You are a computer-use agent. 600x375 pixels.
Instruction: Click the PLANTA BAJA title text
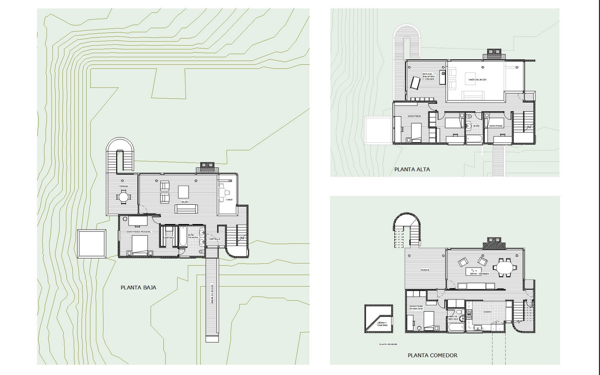tap(138, 288)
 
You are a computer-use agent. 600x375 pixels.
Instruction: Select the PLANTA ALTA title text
tap(412, 169)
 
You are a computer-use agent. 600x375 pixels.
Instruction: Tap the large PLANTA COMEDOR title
tap(432, 355)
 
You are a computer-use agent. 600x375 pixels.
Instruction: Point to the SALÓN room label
tap(184, 202)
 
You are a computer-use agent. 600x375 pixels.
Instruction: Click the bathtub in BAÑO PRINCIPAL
tap(183, 236)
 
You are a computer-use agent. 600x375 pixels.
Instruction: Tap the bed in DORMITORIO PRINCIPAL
tap(139, 246)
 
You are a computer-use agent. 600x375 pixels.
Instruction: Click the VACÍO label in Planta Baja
tap(229, 199)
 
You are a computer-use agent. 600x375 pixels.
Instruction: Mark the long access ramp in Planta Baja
tap(212, 296)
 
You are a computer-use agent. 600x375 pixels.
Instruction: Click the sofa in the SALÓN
tap(186, 208)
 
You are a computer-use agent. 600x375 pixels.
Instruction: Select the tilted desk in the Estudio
tap(414, 83)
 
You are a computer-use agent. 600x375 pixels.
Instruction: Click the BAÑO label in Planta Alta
tap(476, 126)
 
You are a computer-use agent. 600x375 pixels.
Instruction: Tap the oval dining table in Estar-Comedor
tap(503, 268)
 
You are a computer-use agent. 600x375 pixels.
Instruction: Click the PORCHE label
tap(425, 270)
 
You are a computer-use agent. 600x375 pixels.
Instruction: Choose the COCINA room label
tap(487, 312)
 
